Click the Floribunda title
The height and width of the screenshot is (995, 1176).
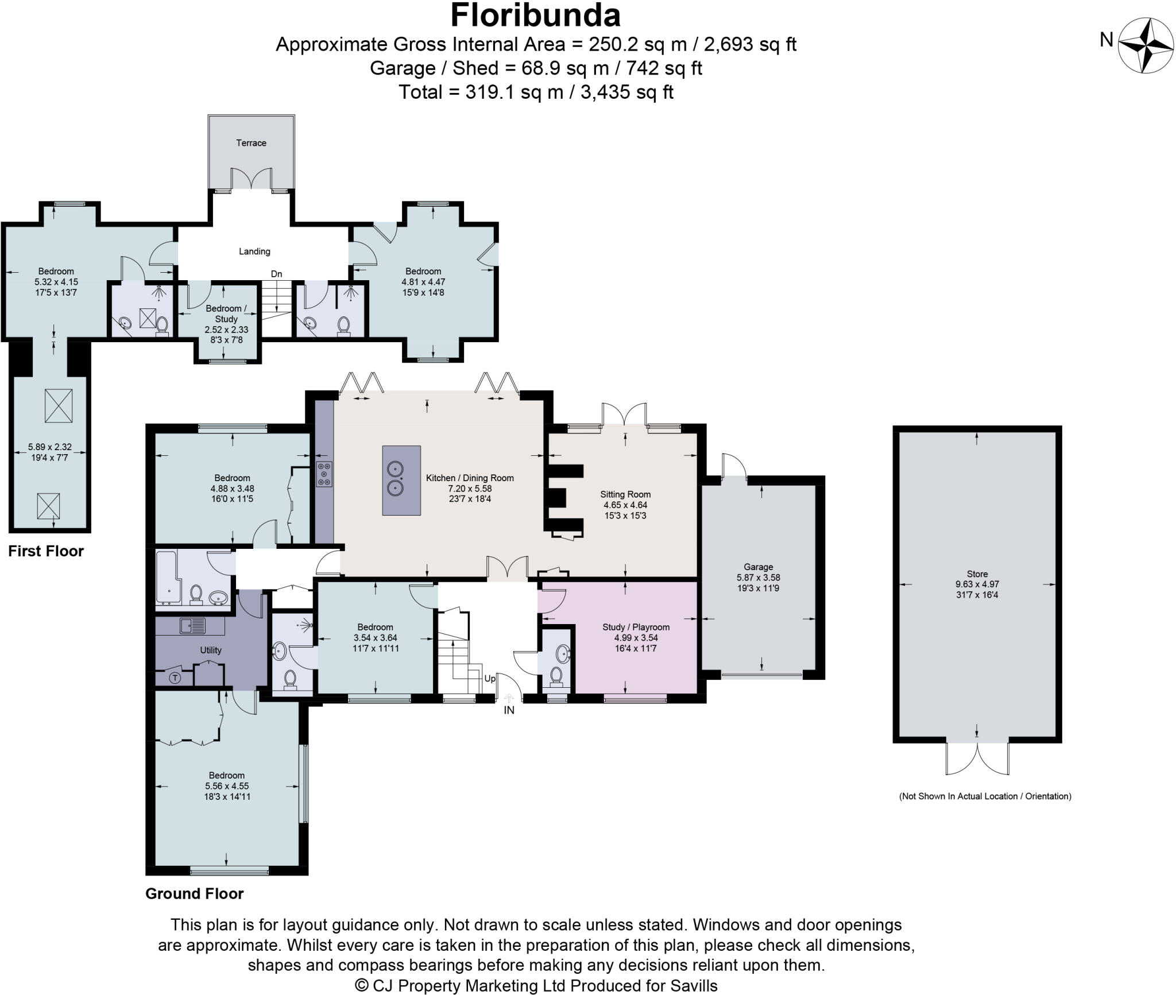pos(535,16)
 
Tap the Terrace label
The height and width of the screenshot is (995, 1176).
pos(251,143)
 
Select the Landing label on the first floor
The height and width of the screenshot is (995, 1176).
pos(254,251)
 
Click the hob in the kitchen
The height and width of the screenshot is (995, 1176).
pos(324,475)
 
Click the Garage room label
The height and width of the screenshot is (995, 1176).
pos(758,567)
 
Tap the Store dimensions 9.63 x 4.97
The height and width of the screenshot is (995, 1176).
pos(977,584)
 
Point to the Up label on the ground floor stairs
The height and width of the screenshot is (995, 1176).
pos(489,679)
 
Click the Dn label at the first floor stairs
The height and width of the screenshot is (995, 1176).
pos(277,274)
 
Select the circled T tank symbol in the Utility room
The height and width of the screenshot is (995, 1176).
pos(175,678)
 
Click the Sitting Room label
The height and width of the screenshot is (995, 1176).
pos(625,494)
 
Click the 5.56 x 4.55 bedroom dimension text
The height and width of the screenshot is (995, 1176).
pos(227,786)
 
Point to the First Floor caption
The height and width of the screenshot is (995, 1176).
pos(46,551)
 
